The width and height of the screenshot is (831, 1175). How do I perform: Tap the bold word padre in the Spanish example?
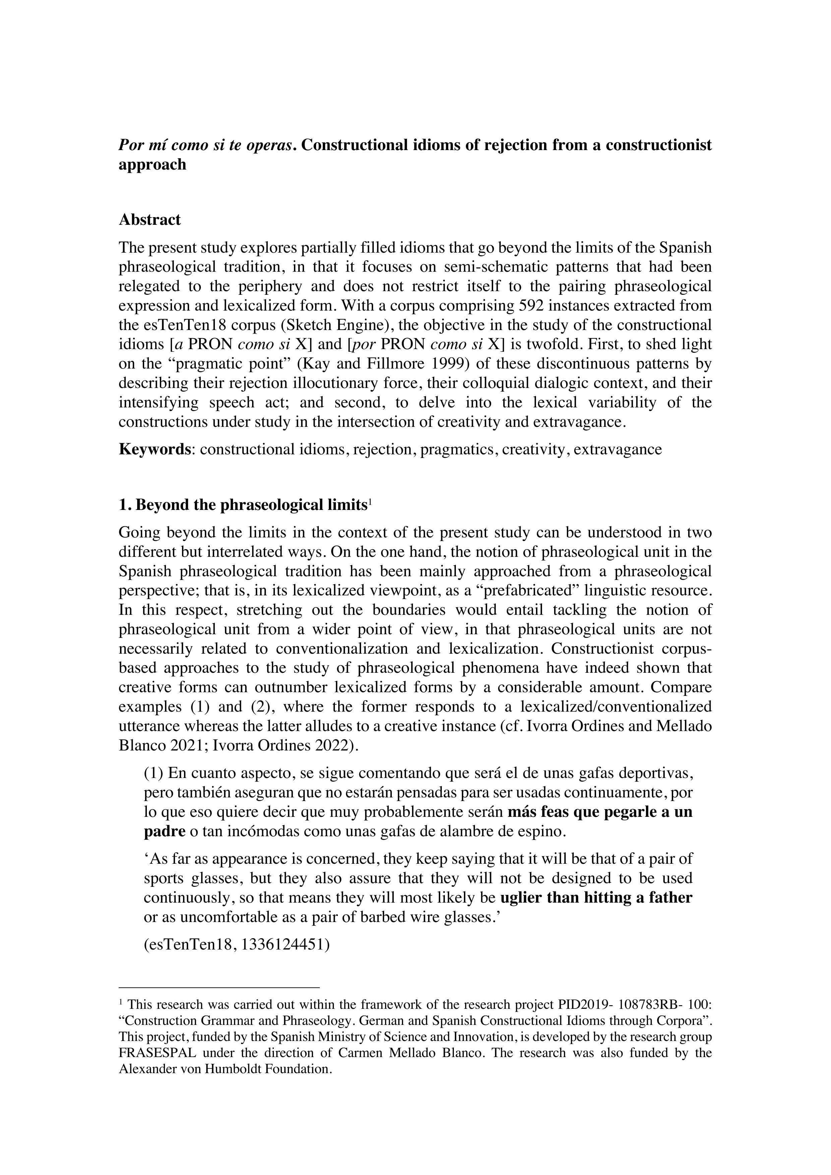coord(164,831)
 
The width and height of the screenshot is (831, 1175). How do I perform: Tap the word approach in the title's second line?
coord(152,165)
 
